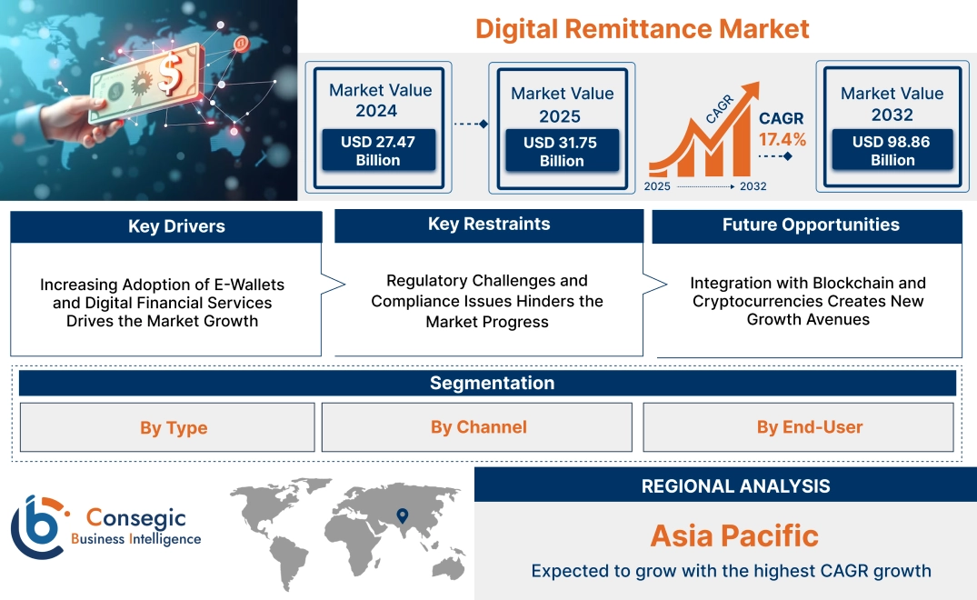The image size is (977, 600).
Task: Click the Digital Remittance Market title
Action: tap(642, 28)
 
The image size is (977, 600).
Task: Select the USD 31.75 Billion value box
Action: tap(562, 152)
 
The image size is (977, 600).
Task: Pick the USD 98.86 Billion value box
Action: tap(892, 151)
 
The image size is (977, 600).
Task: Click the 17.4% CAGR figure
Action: tap(783, 140)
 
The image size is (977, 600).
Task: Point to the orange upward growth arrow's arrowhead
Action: tap(751, 91)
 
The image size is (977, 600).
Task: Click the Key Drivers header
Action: tap(176, 226)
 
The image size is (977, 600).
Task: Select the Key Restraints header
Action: tap(489, 225)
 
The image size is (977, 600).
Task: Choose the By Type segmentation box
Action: tap(174, 427)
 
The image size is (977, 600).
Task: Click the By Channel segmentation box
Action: tap(478, 427)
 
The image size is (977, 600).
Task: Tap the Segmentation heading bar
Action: tap(492, 383)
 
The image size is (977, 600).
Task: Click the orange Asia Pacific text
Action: tap(733, 535)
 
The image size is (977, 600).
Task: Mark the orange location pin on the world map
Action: tap(401, 516)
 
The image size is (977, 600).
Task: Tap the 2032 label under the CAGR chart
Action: tap(753, 186)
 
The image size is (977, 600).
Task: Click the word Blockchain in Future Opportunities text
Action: tap(849, 283)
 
